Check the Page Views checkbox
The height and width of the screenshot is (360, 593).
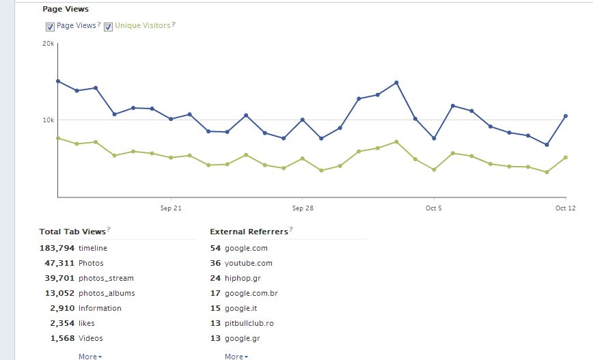coord(50,27)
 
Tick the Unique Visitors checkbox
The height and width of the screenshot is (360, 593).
coord(108,27)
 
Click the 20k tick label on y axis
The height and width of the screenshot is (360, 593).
coord(48,43)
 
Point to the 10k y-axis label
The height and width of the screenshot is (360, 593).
coord(48,120)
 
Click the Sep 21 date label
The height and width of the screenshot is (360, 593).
coord(171,208)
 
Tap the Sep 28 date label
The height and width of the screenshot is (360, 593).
coord(302,208)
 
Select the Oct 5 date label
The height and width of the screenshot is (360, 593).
coord(433,208)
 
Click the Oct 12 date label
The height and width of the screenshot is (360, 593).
coord(566,208)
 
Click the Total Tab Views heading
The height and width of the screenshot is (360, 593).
coord(72,232)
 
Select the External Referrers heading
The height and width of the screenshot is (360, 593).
coord(249,232)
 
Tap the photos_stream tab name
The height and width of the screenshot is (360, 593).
coord(106,278)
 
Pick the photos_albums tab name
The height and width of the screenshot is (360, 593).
coord(107,293)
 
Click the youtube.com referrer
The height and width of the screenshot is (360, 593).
coord(248,263)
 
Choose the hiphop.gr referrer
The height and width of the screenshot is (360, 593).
coord(243,278)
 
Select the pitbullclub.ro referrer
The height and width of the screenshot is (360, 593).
coord(249,323)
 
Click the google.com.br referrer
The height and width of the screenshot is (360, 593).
coord(251,293)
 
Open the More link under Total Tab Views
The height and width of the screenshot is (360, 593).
coord(89,357)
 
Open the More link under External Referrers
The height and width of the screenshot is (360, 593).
coord(236,357)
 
